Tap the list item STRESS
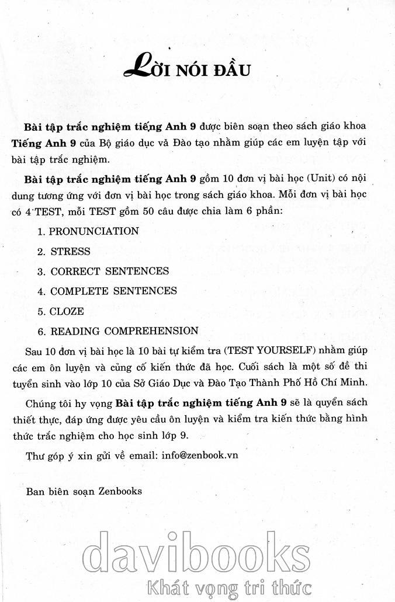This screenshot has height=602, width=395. tap(70, 252)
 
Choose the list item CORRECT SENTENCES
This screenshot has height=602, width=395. tap(109, 272)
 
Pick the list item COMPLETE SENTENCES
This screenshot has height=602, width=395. tap(113, 291)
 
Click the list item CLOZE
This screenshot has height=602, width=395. tap(67, 311)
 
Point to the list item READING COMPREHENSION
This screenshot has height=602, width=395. tap(124, 331)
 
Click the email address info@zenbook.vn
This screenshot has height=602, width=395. tap(197, 454)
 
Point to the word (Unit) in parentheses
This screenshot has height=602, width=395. tap(309, 176)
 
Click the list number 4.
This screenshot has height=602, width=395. tap(41, 291)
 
